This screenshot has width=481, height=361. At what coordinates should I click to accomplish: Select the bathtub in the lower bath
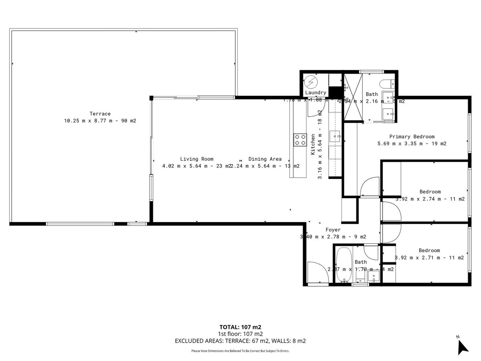(343, 265)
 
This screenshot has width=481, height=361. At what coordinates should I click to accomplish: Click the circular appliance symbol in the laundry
(311, 82)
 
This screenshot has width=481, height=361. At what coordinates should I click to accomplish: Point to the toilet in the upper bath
(387, 84)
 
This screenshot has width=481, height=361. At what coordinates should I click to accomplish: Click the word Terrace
(100, 114)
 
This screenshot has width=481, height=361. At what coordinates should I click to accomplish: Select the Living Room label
(196, 159)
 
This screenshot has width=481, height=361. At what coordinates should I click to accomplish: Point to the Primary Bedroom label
(412, 136)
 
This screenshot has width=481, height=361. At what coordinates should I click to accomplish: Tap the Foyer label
(333, 230)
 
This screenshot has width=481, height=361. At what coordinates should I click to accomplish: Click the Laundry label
(316, 93)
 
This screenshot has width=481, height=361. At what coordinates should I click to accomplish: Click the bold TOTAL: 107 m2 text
(240, 327)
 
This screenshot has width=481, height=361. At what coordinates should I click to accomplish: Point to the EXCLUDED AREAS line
(240, 341)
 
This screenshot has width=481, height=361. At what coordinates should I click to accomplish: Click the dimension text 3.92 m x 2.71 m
(429, 258)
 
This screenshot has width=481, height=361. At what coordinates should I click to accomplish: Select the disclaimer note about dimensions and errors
(240, 351)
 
